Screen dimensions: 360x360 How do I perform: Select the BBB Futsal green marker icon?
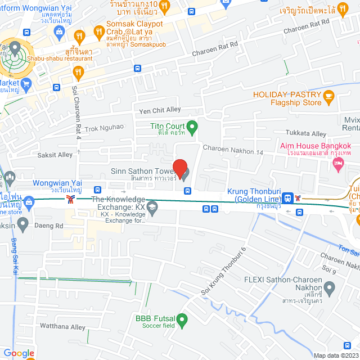point(182,321)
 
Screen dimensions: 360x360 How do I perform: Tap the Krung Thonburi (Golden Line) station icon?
point(288,197)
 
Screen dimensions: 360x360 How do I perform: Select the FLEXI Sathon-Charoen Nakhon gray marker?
point(329,289)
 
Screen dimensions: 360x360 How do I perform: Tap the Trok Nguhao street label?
point(104,128)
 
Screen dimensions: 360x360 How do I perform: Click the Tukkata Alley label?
point(306,134)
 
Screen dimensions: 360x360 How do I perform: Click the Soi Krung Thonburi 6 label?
point(224,271)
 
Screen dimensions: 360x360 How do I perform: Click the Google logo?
point(19,353)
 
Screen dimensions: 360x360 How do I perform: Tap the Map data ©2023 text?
point(335,355)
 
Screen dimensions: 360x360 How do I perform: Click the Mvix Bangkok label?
point(351,123)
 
